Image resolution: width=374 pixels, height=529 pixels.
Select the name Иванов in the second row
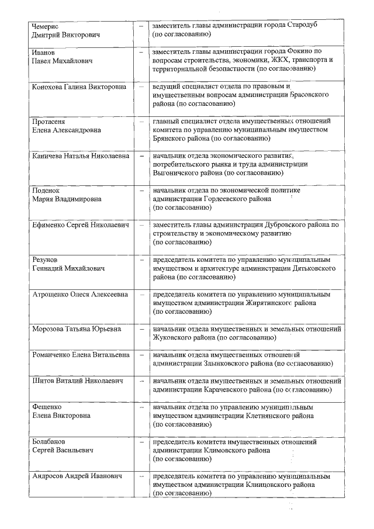(x=43, y=53)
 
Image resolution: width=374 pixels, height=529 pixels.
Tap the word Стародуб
(x=303, y=26)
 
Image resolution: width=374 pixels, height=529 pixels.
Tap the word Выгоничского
(x=175, y=173)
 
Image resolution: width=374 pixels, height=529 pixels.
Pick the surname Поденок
(x=46, y=191)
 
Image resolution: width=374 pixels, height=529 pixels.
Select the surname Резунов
(x=45, y=260)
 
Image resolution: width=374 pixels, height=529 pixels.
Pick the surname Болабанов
(x=49, y=441)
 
